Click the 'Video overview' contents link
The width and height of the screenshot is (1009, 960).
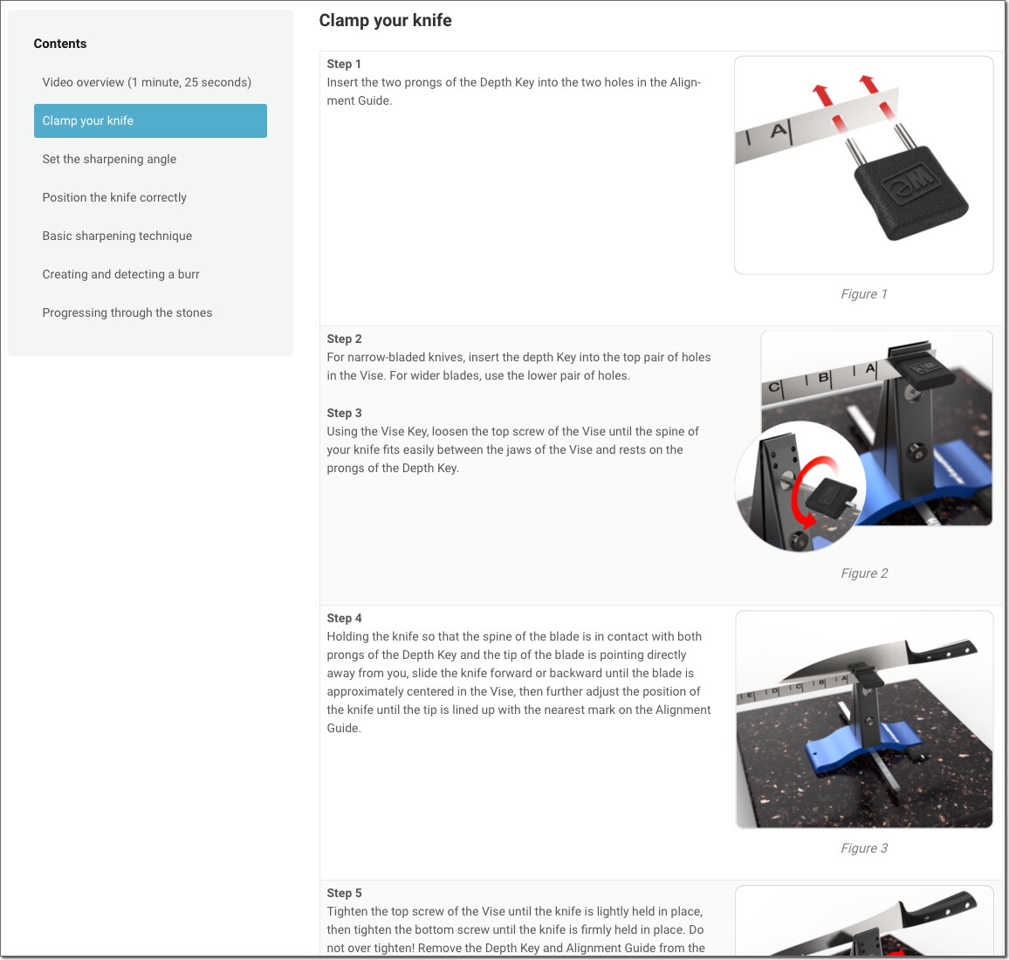point(147,82)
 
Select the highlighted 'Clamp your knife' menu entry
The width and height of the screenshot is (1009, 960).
point(151,120)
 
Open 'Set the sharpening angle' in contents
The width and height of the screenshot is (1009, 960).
point(109,159)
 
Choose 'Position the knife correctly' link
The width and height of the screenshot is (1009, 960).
point(114,197)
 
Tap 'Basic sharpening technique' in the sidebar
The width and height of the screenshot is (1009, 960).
point(117,237)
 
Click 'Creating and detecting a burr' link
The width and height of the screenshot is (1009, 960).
point(121,274)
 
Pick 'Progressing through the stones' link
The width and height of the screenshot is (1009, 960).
point(127,312)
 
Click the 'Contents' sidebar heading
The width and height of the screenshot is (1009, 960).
point(60,44)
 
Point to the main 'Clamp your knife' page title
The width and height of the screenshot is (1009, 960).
point(386,21)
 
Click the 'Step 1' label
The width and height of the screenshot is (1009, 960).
point(344,64)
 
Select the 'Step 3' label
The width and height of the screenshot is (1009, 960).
point(344,413)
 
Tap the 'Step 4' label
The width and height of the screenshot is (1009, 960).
point(344,619)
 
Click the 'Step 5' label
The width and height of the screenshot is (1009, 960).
point(344,893)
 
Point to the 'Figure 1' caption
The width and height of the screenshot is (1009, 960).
point(863,294)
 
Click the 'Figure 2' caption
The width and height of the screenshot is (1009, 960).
point(864,573)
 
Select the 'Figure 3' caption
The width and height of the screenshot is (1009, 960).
point(864,848)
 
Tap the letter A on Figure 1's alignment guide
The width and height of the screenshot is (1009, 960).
point(779,131)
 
